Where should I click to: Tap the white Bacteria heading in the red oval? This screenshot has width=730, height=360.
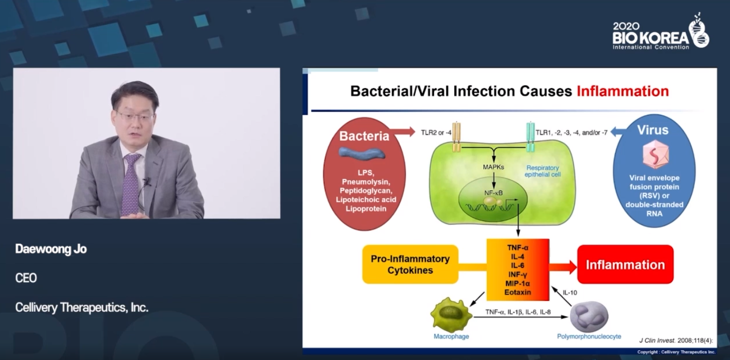(364, 136)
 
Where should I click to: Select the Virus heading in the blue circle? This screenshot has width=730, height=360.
(653, 130)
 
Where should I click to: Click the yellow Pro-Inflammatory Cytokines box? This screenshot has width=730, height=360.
(410, 264)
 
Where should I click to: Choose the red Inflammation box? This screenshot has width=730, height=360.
(625, 264)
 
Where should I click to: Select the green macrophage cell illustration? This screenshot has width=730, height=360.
(451, 315)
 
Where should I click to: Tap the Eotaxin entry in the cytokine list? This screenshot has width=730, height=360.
(518, 292)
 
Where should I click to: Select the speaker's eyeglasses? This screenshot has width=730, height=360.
(135, 116)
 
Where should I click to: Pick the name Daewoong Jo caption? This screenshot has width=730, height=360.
(51, 249)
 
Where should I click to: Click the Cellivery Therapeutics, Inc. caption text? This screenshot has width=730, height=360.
(82, 307)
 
